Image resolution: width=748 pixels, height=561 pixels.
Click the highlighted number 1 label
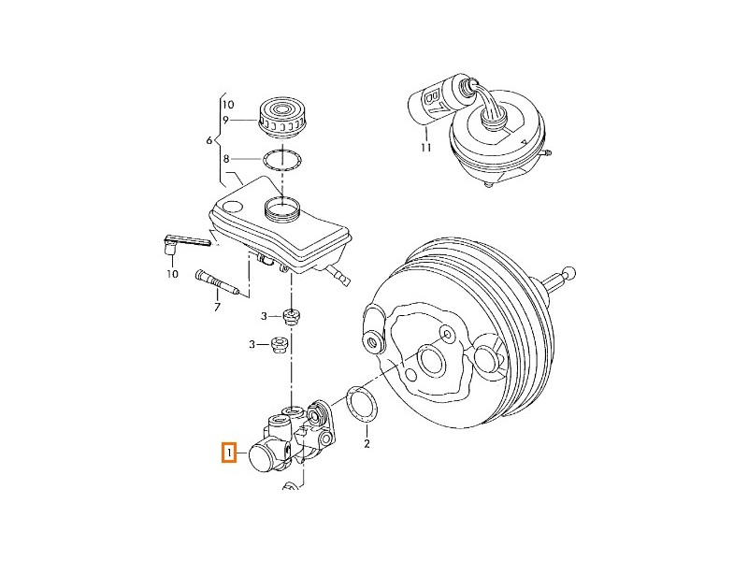click(x=227, y=454)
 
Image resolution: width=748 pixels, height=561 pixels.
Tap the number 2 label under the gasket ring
click(x=367, y=443)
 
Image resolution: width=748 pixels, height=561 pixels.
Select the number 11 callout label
click(x=425, y=148)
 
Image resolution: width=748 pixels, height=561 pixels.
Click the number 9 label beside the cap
click(x=225, y=120)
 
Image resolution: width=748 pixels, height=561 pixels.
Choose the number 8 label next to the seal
click(x=225, y=160)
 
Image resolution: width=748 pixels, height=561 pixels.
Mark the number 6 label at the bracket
click(x=209, y=140)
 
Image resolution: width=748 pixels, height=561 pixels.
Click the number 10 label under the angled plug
click(x=172, y=274)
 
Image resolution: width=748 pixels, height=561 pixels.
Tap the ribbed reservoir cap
click(x=280, y=115)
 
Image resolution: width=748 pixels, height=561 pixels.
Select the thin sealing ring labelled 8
click(x=280, y=160)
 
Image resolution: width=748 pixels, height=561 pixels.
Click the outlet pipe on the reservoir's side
click(x=338, y=273)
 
